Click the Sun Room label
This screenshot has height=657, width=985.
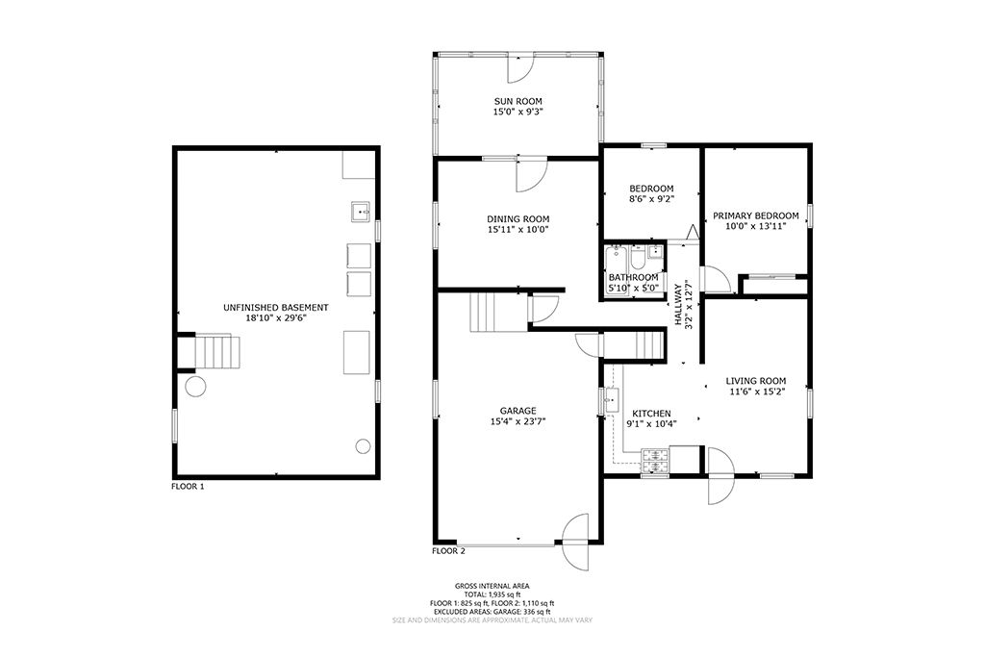tap(518, 101)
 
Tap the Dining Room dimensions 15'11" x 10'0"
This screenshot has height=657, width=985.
tap(518, 230)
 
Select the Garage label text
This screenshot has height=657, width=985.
tap(518, 412)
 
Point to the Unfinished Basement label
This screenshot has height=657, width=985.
tap(276, 308)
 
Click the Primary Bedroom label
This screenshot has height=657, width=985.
tap(756, 216)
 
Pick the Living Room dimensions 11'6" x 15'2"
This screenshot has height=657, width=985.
tap(756, 392)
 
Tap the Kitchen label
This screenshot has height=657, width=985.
tap(651, 414)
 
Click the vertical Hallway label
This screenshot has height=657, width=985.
tap(678, 305)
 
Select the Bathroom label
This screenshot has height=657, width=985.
tap(634, 278)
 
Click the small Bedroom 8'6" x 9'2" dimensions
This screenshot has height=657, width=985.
tap(651, 199)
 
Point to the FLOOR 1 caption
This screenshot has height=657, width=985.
tap(188, 487)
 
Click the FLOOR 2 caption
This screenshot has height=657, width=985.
tap(448, 552)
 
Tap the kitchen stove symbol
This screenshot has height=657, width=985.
tap(655, 461)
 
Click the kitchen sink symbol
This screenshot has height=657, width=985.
tap(611, 400)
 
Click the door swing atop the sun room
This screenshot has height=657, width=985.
tap(520, 69)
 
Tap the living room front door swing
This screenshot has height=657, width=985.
tap(721, 475)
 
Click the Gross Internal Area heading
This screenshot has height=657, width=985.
tap(492, 587)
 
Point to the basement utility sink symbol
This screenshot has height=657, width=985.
tap(361, 213)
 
